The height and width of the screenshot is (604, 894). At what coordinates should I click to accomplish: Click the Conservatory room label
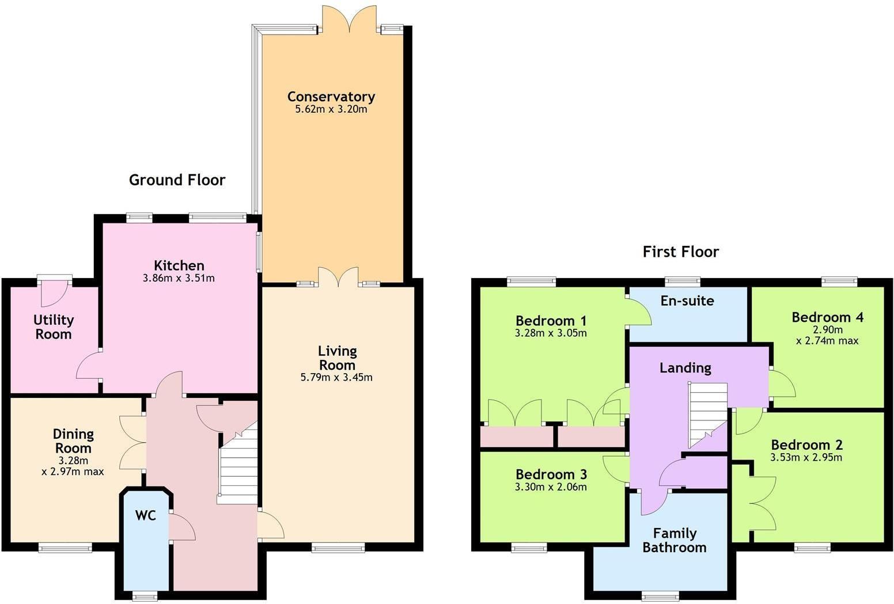(331, 96)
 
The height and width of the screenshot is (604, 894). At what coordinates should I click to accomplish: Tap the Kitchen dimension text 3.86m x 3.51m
(179, 279)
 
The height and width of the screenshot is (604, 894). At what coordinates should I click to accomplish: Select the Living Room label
(337, 358)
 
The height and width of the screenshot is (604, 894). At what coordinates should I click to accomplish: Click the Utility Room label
(54, 327)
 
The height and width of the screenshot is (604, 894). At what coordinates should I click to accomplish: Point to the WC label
(145, 515)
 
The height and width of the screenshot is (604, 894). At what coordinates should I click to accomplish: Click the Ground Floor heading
(177, 180)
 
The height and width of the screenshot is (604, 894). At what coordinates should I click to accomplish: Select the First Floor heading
(680, 252)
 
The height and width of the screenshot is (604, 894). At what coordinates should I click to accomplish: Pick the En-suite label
(687, 301)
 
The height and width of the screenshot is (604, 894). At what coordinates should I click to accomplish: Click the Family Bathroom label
(674, 540)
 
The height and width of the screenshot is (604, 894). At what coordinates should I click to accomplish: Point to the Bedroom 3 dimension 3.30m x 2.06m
(551, 487)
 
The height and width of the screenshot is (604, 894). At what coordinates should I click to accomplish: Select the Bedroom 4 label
(827, 317)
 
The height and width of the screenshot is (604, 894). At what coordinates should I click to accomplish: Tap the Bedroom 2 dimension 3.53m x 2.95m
(806, 458)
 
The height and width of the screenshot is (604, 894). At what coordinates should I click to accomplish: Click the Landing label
(685, 367)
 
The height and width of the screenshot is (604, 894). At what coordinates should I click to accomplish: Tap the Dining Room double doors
(132, 442)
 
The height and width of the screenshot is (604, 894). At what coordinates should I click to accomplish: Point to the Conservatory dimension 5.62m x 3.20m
(331, 109)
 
